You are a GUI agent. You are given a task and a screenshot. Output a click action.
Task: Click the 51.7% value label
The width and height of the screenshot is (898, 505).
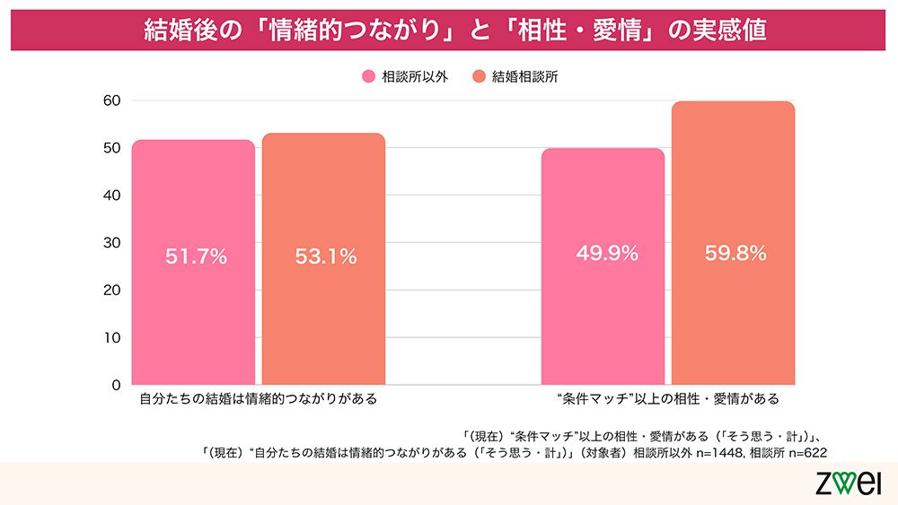[x=196, y=257]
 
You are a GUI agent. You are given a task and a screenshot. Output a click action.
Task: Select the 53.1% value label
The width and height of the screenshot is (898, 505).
[x=325, y=257]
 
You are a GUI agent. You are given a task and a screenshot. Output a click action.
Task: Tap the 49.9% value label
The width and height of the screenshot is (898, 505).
[x=607, y=254]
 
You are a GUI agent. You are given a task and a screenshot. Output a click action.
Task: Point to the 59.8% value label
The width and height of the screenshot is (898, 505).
[x=735, y=254]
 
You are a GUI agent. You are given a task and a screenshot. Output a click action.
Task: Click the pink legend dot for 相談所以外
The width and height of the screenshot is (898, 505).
[x=368, y=77]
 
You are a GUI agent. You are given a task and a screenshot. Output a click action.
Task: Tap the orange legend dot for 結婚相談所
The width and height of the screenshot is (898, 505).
[x=479, y=77]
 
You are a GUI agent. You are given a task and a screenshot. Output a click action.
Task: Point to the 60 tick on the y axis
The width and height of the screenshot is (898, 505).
[x=111, y=100]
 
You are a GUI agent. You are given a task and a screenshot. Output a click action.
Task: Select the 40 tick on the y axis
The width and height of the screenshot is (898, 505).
[x=111, y=196]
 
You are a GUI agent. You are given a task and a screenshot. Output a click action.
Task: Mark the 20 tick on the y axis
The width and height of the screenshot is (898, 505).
[x=111, y=291]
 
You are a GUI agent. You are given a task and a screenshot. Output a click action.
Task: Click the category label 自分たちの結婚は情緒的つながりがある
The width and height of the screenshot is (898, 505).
[x=258, y=398]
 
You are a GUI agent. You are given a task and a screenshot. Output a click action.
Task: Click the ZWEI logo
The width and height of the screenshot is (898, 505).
[x=853, y=483]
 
